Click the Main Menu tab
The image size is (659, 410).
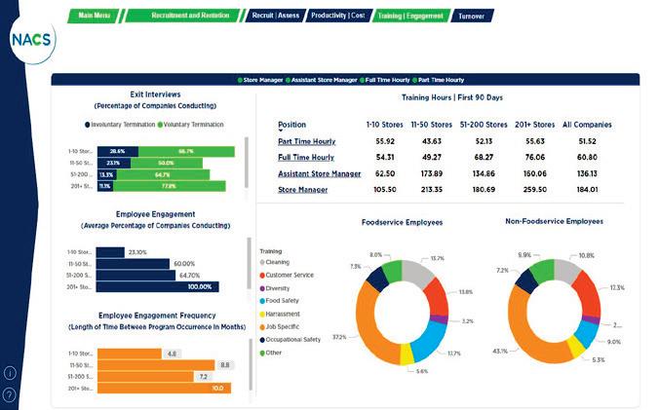pyautogui.click(x=95, y=16)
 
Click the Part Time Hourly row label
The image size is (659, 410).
pyautogui.click(x=306, y=141)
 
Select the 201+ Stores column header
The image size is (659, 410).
pyautogui.click(x=534, y=125)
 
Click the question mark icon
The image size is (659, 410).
pyautogui.click(x=10, y=394)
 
